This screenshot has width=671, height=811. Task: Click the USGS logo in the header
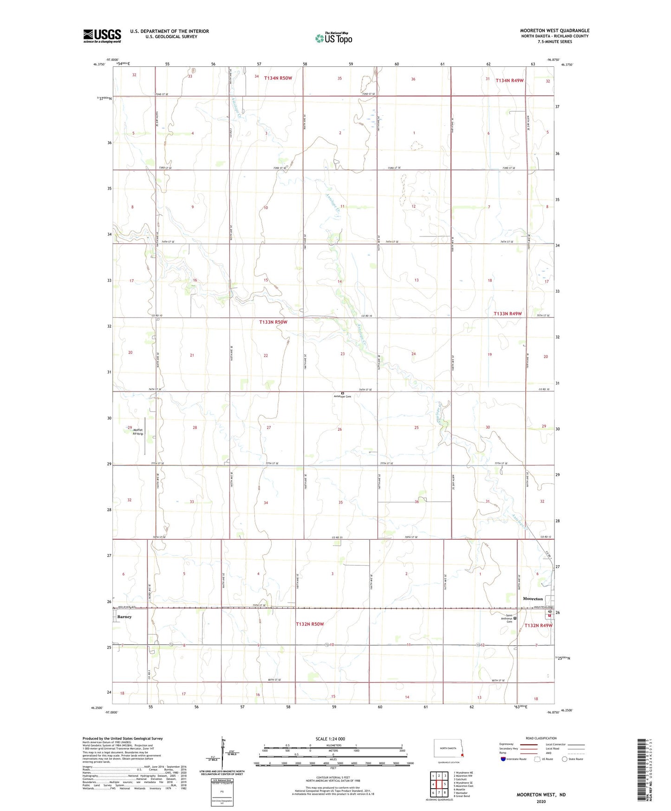point(102,36)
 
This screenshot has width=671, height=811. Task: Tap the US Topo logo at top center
point(333,38)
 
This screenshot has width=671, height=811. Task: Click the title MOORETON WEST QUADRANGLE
point(554,31)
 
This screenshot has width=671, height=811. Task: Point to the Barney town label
point(124,617)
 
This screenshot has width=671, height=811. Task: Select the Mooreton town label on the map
point(533,599)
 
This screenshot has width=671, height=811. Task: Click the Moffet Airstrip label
point(138,432)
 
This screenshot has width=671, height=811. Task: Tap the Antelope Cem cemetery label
point(343,396)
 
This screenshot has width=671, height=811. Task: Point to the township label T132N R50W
point(310,624)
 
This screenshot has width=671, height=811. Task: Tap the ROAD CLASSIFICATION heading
point(541,738)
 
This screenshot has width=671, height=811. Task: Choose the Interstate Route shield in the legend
point(503,759)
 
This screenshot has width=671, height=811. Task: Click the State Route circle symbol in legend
point(565,759)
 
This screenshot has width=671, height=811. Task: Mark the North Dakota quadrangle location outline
point(448,750)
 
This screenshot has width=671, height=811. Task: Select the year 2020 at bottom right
point(541,801)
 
